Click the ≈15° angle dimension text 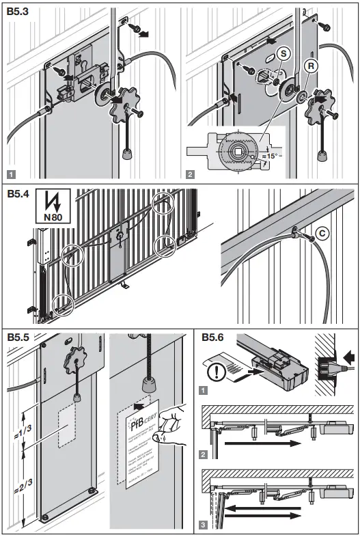[273, 156]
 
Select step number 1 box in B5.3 [12, 173]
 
